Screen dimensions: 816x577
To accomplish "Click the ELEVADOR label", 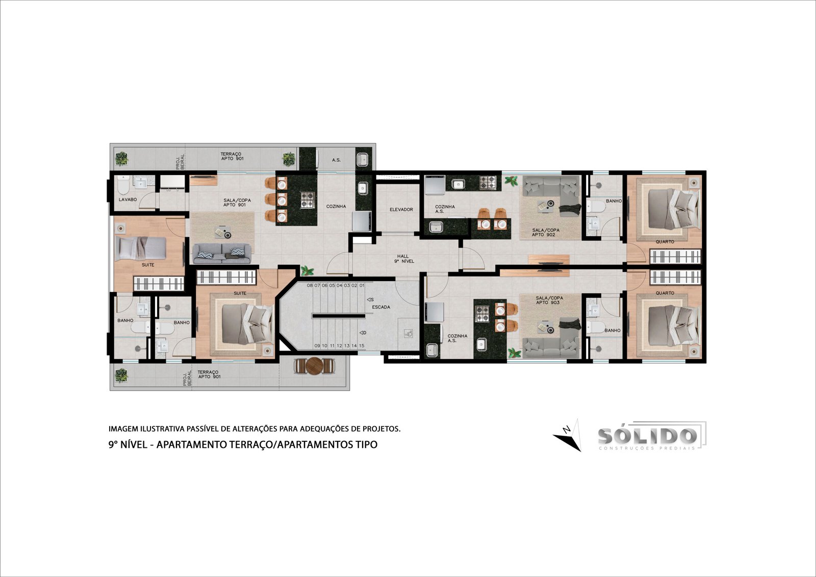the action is [401, 210].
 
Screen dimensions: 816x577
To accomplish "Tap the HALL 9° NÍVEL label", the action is [403, 259].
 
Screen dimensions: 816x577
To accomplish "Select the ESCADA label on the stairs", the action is [381, 307].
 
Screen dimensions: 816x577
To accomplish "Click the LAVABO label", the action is [127, 200].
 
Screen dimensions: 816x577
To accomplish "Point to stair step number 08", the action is [310, 285].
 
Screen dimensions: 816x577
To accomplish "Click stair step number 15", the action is [362, 345].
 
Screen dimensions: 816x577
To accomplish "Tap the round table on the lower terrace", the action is [314, 366].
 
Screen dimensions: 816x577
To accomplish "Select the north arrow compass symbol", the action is [568, 435].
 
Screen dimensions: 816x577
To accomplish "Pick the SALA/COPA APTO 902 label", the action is [545, 232].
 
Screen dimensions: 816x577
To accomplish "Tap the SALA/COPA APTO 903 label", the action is [549, 300].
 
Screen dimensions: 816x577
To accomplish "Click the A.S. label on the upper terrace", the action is [336, 160].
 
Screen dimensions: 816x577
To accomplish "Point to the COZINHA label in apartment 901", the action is [336, 206].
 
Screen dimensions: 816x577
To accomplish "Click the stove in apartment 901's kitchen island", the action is [307, 200].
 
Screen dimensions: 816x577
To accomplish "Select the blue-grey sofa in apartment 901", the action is [222, 254].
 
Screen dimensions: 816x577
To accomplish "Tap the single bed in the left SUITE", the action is [141, 248].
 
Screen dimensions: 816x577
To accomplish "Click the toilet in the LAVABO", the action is [123, 185].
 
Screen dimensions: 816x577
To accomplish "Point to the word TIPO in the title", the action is [367, 444].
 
